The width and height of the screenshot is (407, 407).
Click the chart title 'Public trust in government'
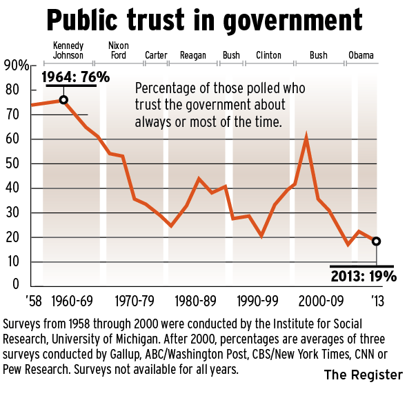[x=203, y=21]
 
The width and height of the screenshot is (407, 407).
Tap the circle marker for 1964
[x=63, y=100]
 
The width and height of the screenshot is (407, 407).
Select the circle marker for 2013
[x=376, y=241]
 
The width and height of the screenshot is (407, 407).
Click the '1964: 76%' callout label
[x=76, y=77]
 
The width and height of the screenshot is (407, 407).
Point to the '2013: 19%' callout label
[x=362, y=277]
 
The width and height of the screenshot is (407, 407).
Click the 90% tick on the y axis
[x=15, y=66]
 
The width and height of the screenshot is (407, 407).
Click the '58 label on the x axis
[x=32, y=301]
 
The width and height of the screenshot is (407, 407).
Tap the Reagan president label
[x=193, y=55]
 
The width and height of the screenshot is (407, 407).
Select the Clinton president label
[x=268, y=55]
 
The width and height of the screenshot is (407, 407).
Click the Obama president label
[x=362, y=55]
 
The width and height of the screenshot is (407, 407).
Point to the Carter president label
[x=155, y=55]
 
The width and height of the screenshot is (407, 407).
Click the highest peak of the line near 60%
[x=306, y=139]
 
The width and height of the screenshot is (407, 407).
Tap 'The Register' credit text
[x=363, y=375]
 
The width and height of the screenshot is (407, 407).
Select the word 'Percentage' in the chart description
[x=163, y=90]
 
